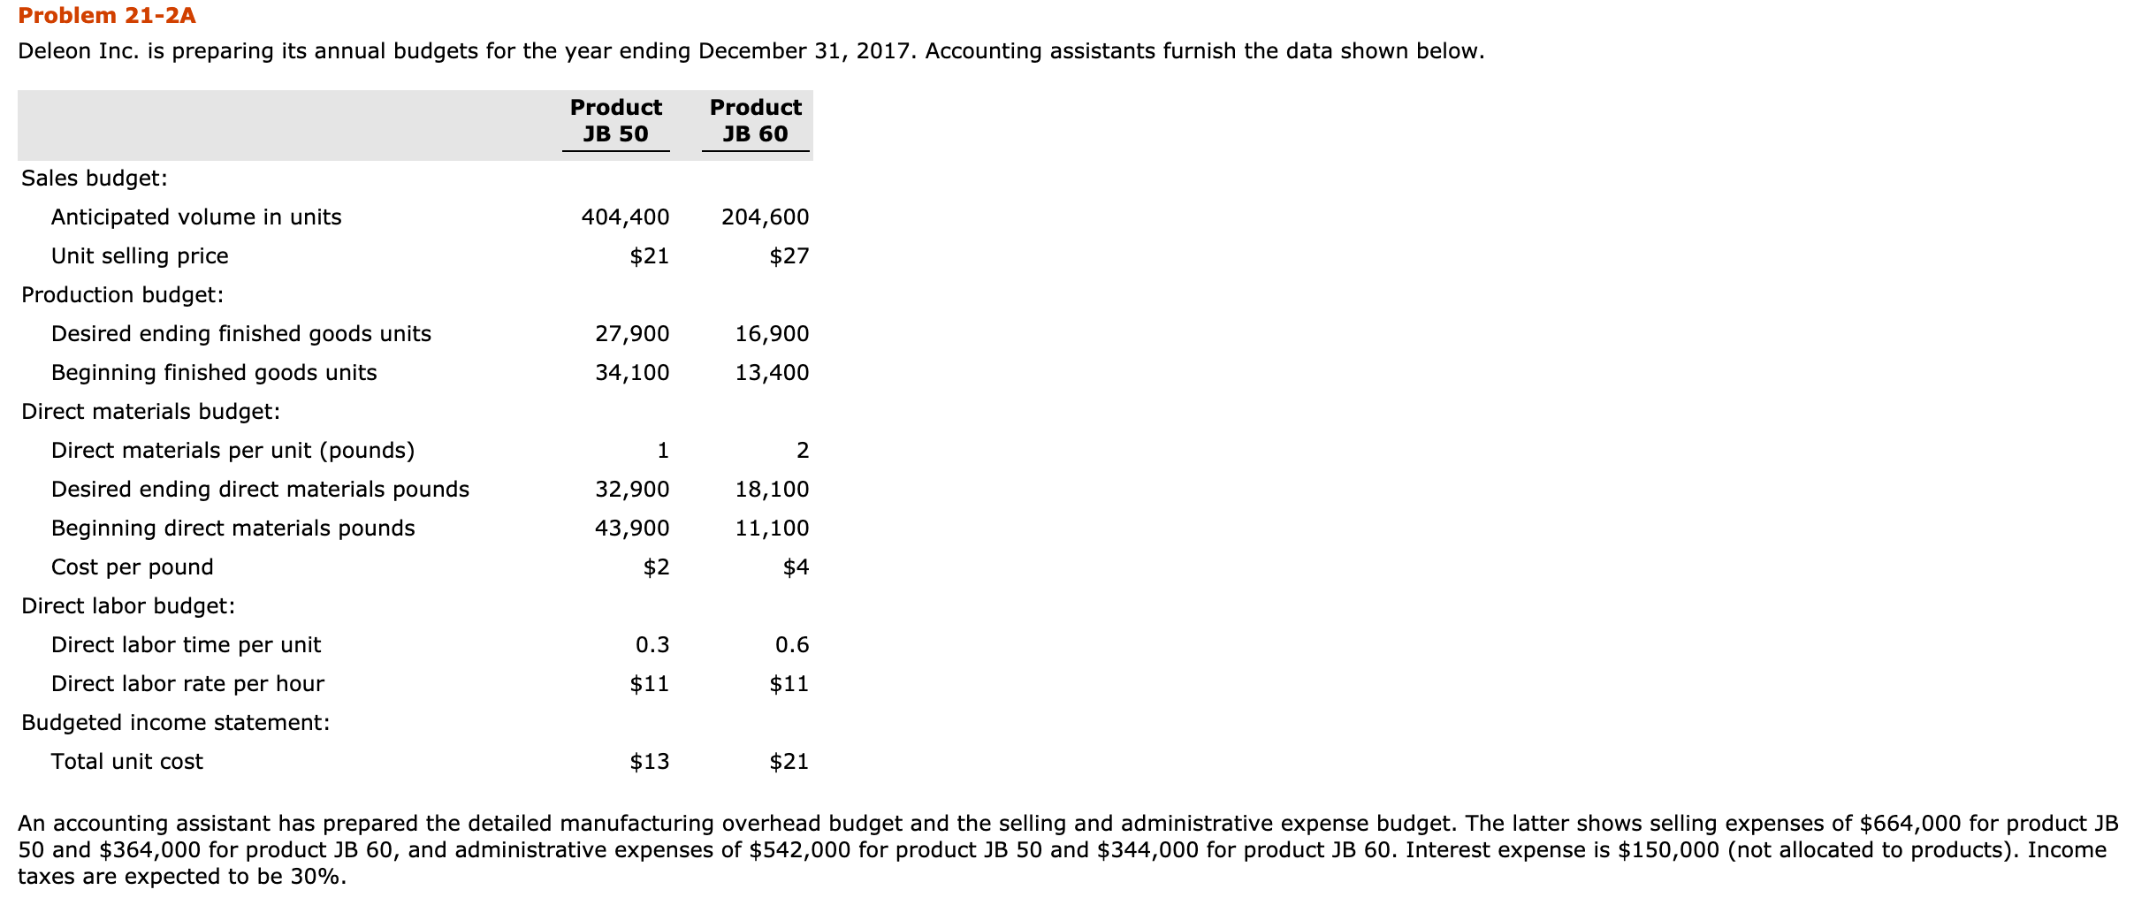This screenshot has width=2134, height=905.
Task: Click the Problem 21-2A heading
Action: pyautogui.click(x=107, y=16)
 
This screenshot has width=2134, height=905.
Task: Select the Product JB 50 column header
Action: pyautogui.click(x=615, y=120)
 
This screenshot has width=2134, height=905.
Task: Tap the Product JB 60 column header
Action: pyautogui.click(x=755, y=120)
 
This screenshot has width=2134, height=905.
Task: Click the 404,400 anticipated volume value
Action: pyautogui.click(x=625, y=217)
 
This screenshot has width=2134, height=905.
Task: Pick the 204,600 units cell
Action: pyautogui.click(x=765, y=217)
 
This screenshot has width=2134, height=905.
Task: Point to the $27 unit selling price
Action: pyautogui.click(x=789, y=256)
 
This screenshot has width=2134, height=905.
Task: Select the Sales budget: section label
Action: pyautogui.click(x=94, y=179)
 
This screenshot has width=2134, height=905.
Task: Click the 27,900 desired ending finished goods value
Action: pyautogui.click(x=632, y=334)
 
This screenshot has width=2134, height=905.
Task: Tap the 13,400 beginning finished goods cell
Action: pyautogui.click(x=772, y=373)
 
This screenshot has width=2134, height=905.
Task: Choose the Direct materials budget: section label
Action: pyautogui.click(x=150, y=412)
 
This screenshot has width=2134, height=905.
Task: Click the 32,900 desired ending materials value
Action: pyautogui.click(x=632, y=490)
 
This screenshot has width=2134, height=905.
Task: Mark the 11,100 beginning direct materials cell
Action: pyautogui.click(x=772, y=529)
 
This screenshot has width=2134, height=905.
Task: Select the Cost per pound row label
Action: pyautogui.click(x=132, y=567)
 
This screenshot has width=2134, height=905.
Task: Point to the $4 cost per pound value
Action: pyautogui.click(x=796, y=567)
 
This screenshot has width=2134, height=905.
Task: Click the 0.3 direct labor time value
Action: pyautogui.click(x=652, y=645)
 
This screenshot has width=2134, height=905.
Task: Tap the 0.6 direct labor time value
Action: pyautogui.click(x=792, y=645)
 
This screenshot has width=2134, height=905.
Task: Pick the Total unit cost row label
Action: pyautogui.click(x=126, y=762)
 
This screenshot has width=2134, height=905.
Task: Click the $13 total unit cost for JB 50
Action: pyautogui.click(x=649, y=762)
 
